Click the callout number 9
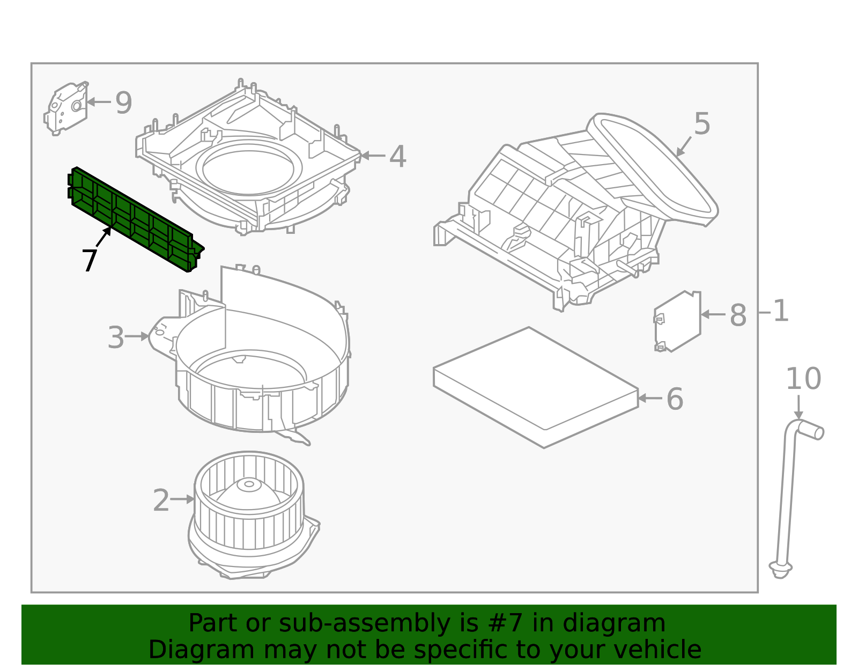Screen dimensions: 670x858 [124, 102]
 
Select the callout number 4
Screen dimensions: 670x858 [397, 157]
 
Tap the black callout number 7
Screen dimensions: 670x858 [90, 261]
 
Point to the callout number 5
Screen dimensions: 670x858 [702, 124]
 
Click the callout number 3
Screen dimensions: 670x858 [116, 337]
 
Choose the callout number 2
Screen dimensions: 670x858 [161, 500]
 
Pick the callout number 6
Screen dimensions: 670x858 [675, 399]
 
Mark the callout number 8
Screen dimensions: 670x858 [738, 315]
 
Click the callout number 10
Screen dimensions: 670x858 [803, 379]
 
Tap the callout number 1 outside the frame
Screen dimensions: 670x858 [781, 312]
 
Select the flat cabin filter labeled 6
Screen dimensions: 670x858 [536, 386]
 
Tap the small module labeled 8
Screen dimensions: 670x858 [677, 321]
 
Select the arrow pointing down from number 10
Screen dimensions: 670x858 [798, 408]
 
